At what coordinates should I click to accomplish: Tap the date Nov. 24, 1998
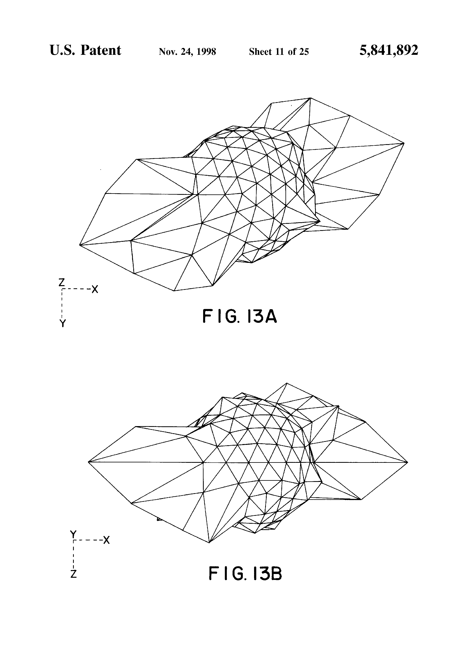point(187,52)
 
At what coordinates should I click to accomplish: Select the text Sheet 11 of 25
point(279,52)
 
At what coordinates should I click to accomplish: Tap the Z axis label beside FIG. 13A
point(61,282)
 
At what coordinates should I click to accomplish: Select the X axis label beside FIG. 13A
point(95,289)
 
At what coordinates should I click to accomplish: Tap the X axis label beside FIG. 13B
point(107,540)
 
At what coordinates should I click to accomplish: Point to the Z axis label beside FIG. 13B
point(73,574)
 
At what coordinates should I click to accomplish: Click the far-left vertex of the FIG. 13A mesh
point(80,245)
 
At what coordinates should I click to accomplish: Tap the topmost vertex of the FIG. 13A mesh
point(310,98)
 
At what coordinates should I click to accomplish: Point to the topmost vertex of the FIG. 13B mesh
point(287,383)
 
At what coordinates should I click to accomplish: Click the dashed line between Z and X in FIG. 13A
point(77,289)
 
